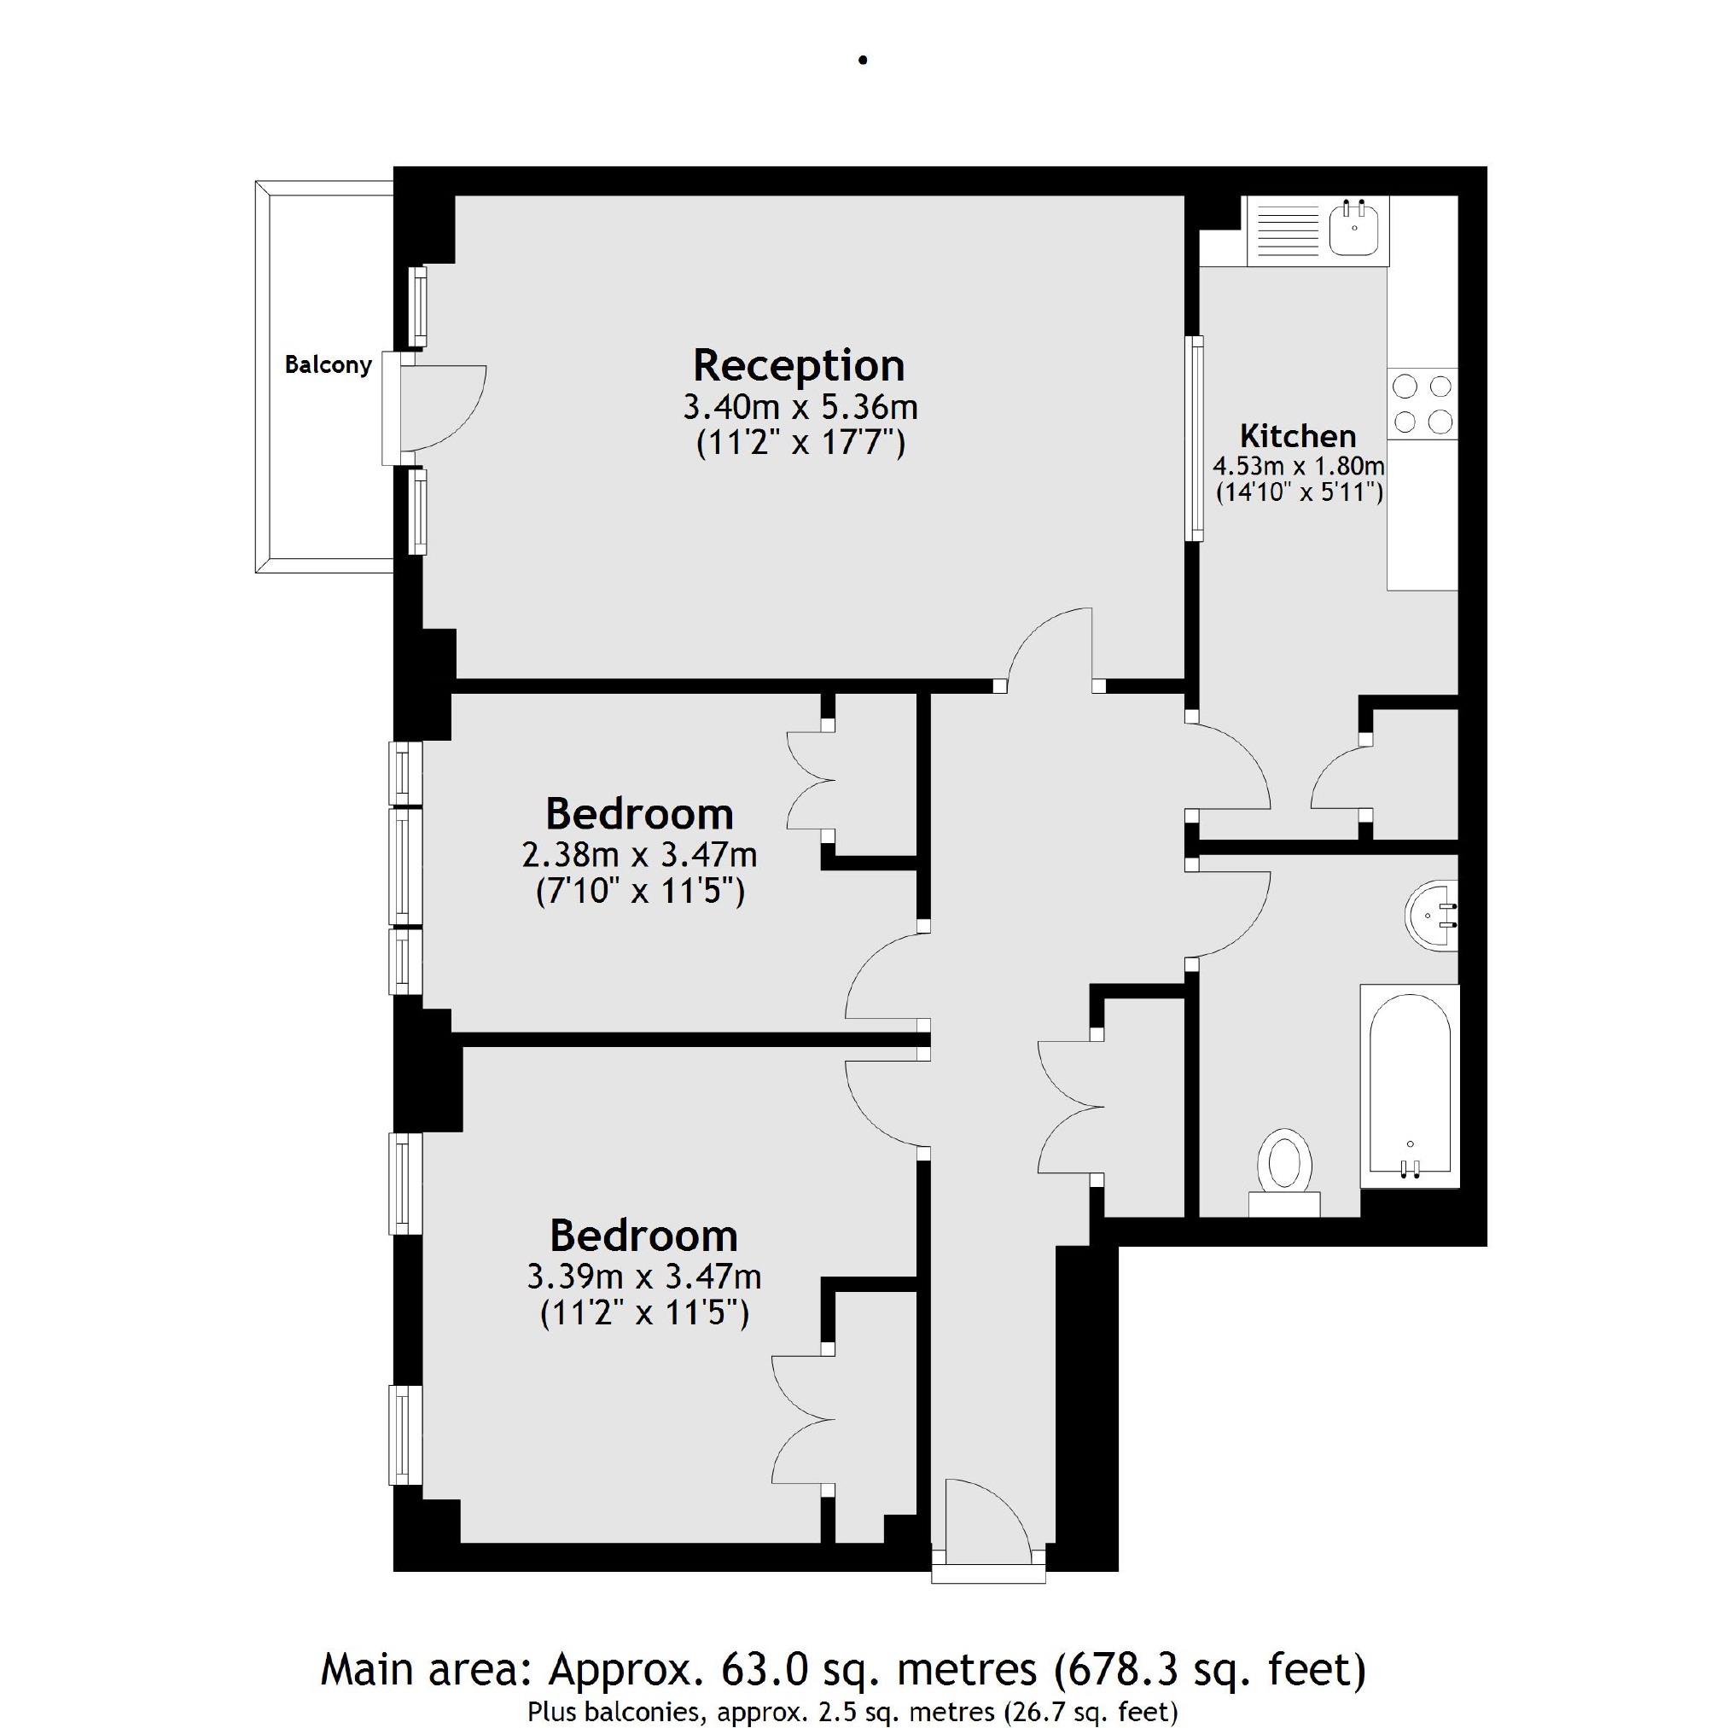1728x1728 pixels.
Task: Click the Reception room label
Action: (799, 366)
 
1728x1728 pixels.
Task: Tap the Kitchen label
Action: (1298, 436)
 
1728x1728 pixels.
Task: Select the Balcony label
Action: (328, 365)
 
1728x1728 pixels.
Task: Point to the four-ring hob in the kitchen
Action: (1423, 404)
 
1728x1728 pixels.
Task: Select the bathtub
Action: (1410, 1085)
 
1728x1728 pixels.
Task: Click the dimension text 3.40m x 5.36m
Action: (800, 408)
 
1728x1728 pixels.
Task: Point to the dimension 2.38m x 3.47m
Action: (639, 856)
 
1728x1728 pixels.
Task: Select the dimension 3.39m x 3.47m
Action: (644, 1277)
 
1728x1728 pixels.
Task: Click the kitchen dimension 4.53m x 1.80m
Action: (1299, 466)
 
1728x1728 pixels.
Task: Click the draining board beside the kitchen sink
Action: (1288, 230)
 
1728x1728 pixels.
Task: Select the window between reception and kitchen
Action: (1193, 439)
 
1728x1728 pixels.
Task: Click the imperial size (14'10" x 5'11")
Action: (1299, 492)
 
